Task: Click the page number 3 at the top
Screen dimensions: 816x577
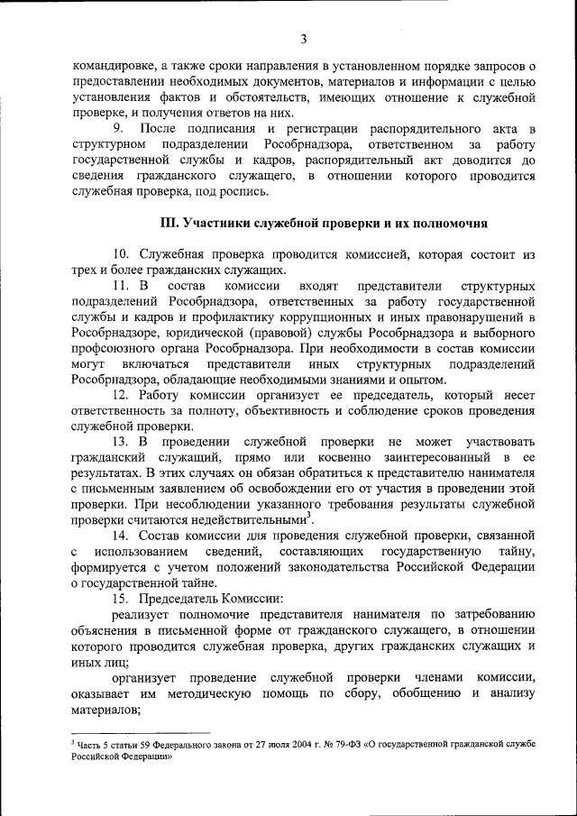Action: [x=304, y=38]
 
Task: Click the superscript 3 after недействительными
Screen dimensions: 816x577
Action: [x=310, y=516]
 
